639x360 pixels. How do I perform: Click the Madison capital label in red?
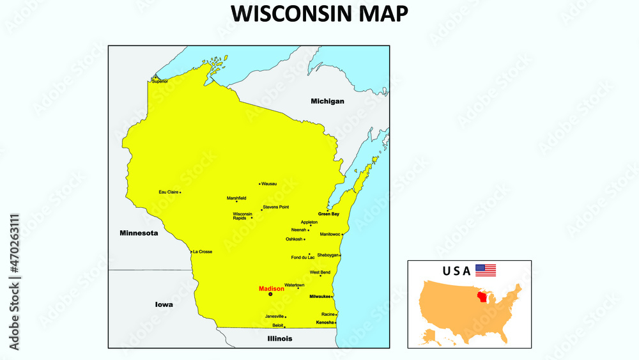272,289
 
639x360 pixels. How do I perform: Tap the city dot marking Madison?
270,295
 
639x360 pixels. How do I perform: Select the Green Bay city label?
328,214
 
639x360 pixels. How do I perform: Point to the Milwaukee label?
319,297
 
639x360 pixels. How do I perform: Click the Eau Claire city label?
168,192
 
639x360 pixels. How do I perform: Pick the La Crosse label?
203,252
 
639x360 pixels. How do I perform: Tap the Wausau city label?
269,184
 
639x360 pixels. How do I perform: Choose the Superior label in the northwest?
159,82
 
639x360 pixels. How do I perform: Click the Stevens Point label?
276,207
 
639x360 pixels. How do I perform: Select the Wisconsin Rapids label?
242,216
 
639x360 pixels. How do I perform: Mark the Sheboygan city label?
328,255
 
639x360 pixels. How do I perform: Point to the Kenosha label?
325,323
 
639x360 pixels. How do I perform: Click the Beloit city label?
277,325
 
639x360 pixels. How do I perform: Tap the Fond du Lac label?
303,258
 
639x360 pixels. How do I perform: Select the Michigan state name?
327,101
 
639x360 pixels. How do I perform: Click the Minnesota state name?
139,233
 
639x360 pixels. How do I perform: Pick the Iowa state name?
164,304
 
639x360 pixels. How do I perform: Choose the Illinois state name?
280,338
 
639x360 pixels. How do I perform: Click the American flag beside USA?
486,270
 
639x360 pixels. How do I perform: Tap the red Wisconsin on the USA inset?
484,298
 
